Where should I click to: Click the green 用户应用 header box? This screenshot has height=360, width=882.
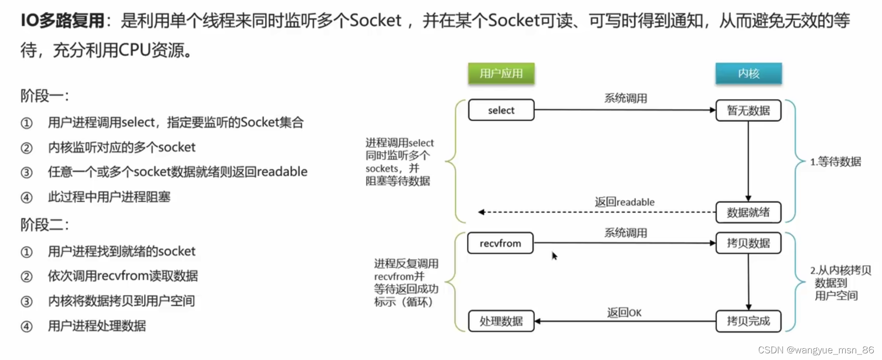[501, 73]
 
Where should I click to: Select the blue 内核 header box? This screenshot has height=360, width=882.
[748, 73]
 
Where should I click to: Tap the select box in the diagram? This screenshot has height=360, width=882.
[501, 110]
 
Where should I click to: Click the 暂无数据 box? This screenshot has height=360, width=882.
[748, 110]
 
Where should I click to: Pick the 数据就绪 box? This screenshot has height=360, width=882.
[748, 212]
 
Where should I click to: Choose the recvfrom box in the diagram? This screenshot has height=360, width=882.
[500, 243]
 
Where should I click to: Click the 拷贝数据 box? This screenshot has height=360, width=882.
[748, 243]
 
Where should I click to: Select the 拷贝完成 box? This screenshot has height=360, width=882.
[748, 321]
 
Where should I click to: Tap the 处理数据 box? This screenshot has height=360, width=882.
[501, 321]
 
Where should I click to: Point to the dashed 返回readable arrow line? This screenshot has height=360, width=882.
[597, 212]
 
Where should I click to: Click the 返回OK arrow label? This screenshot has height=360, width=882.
[624, 313]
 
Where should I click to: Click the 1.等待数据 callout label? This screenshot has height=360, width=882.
[836, 162]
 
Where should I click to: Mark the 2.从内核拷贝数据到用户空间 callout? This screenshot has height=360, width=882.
[839, 282]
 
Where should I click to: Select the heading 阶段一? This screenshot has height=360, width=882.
[44, 95]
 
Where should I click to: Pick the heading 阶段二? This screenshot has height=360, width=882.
[44, 224]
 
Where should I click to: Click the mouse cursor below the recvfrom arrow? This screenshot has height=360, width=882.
[555, 255]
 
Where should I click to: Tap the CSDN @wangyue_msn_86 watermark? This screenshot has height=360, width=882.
[816, 350]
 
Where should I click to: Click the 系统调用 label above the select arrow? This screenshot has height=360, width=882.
[625, 98]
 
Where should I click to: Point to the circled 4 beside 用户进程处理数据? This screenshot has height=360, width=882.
[27, 326]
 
